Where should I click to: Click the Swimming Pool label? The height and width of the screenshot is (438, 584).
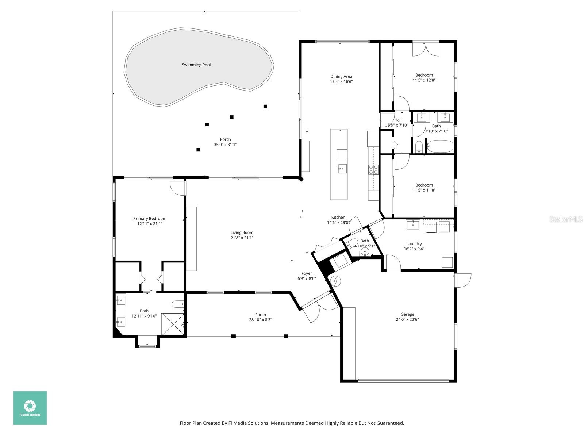[x=196, y=65]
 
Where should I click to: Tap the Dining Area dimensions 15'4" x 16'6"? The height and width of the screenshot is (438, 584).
[x=341, y=82]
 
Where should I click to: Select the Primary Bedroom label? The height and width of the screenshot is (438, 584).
[x=150, y=219]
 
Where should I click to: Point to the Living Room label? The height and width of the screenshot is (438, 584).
[x=242, y=233]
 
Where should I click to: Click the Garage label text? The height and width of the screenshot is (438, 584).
[x=407, y=314]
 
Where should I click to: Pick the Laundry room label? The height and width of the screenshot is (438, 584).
[x=414, y=244]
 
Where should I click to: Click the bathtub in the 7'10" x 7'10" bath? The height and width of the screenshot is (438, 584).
[x=440, y=147]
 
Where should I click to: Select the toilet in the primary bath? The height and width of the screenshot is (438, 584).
[x=178, y=304]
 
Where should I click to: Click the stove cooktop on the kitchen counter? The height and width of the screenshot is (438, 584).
[x=373, y=169]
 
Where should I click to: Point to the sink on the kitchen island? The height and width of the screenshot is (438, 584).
[x=342, y=169]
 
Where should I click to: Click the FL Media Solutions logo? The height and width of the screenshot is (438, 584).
[x=30, y=408]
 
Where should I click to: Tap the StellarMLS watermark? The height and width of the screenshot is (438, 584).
[x=566, y=219]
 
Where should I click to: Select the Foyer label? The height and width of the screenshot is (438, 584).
[x=307, y=273]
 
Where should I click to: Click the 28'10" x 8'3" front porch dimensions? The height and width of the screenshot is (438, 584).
[x=260, y=320]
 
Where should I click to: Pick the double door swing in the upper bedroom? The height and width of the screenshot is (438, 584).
[x=426, y=50]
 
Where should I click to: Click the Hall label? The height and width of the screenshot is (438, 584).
[x=398, y=120]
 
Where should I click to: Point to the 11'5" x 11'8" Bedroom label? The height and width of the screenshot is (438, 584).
[x=424, y=185]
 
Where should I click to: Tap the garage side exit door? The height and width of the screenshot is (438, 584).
[x=463, y=280]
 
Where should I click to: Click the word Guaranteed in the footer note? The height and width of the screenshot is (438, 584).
[x=392, y=423]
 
